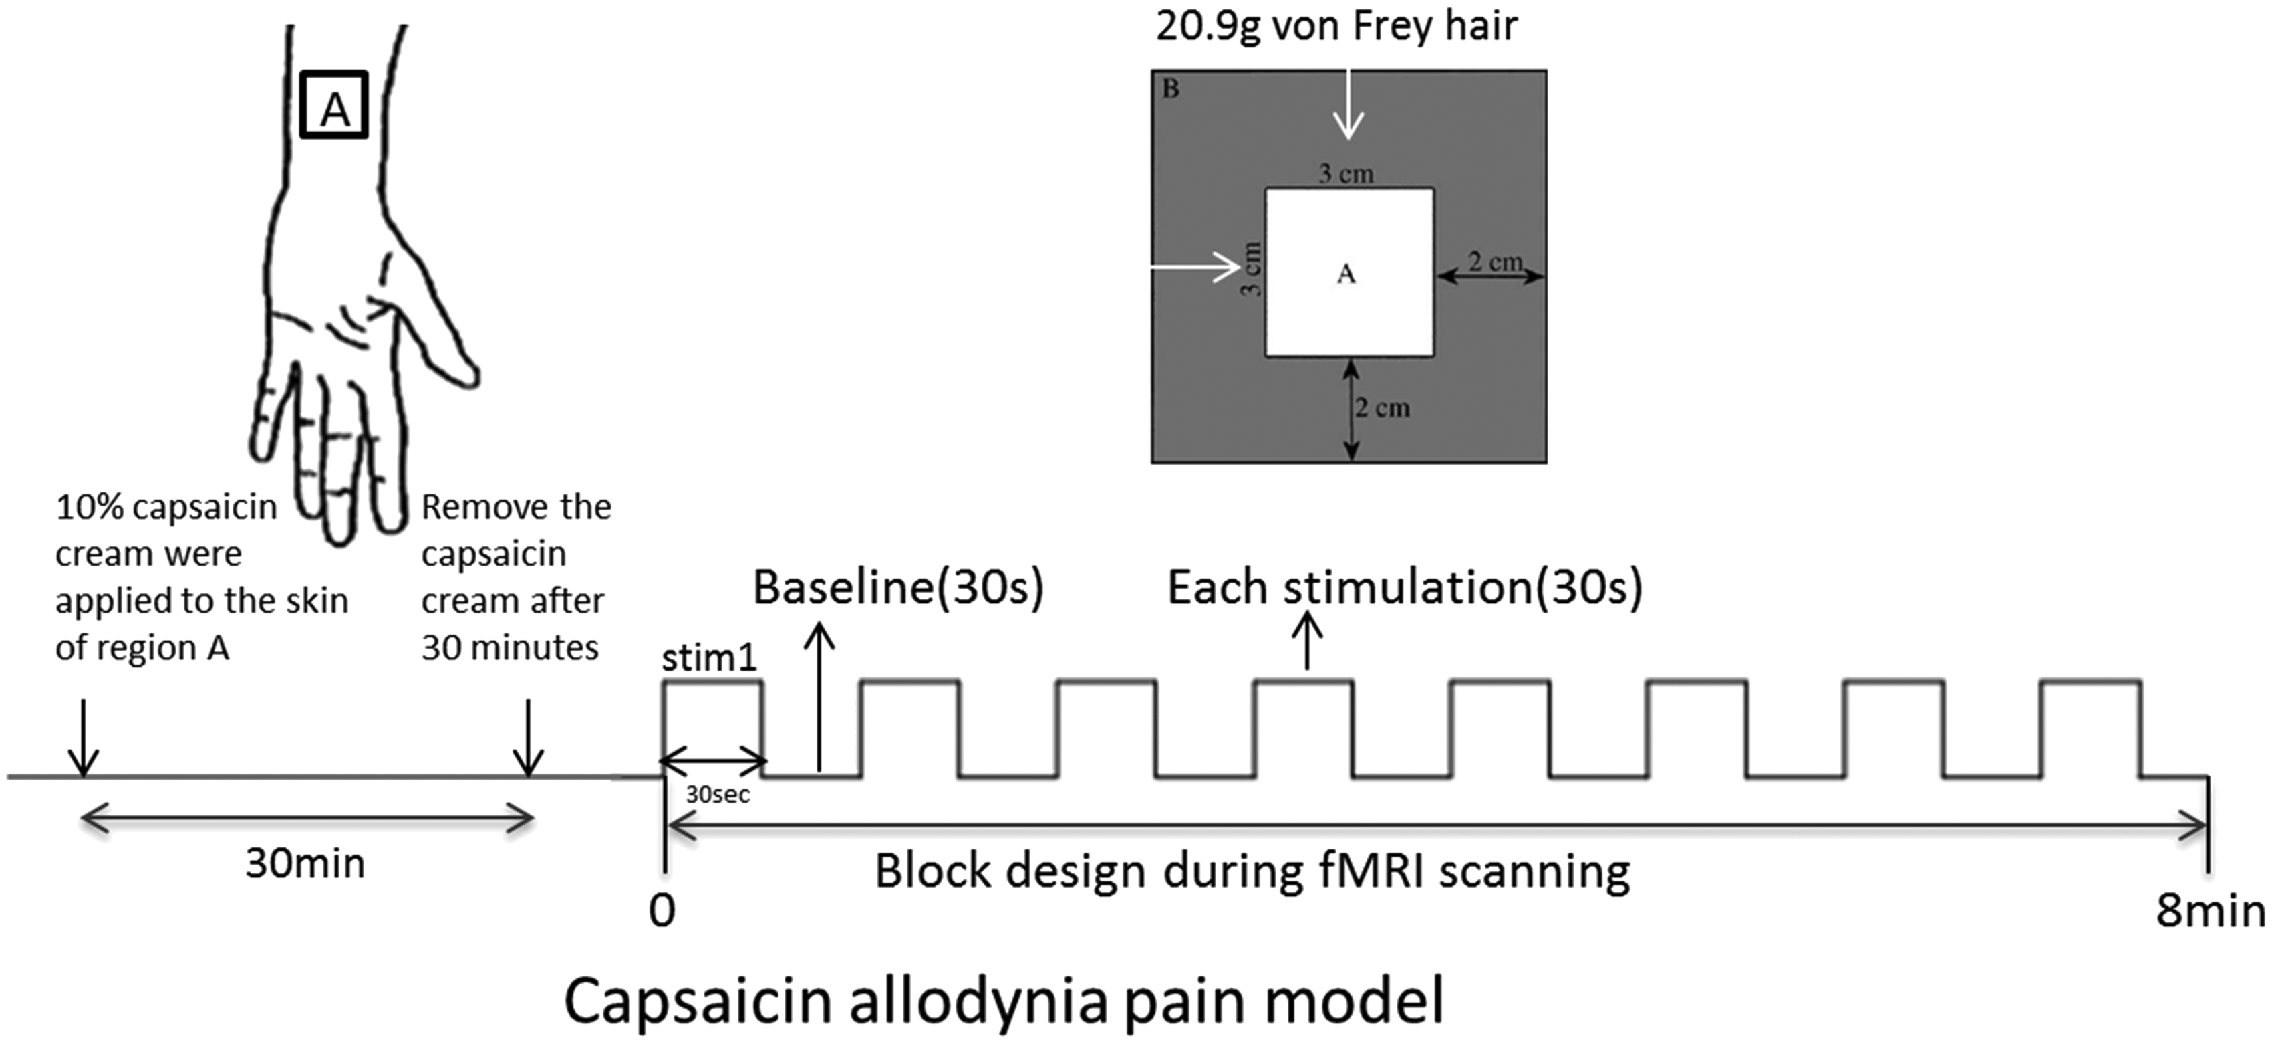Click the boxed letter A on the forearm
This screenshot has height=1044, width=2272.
(333, 105)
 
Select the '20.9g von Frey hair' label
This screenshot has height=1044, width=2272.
(1336, 25)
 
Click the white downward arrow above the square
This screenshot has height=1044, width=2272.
(1348, 104)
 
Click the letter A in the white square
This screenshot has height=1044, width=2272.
(1346, 274)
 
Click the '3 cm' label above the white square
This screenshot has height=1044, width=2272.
(1346, 174)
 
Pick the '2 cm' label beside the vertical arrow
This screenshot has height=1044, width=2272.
(1382, 408)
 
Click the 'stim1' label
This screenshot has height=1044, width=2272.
(709, 657)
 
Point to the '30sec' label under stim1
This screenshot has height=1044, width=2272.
(718, 795)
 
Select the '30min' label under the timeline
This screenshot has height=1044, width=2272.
(305, 863)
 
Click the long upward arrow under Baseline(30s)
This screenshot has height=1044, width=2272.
(820, 697)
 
